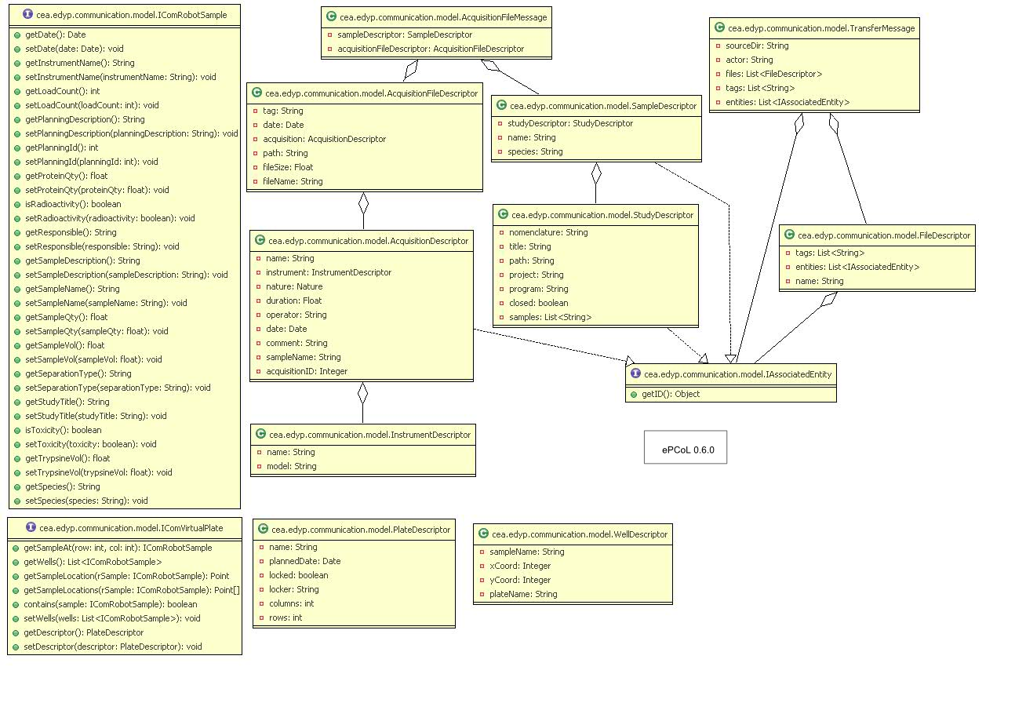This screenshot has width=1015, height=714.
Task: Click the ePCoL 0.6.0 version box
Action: pos(685,451)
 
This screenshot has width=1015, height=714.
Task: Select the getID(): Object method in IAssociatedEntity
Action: pos(671,394)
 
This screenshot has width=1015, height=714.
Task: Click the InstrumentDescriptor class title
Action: pos(369,434)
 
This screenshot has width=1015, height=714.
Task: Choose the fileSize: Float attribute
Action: pos(289,167)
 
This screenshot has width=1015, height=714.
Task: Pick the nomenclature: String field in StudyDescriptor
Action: pos(548,232)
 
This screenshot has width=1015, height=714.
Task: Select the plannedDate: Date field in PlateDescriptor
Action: pos(304,561)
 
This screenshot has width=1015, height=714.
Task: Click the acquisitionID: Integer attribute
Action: pos(307,371)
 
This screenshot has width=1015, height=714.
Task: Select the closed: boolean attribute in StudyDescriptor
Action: pos(538,303)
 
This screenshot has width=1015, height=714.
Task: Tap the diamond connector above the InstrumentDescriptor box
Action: pos(362,394)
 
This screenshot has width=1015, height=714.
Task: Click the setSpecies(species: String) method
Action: pos(86,501)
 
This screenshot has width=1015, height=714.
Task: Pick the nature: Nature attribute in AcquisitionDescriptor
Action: pos(290,286)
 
